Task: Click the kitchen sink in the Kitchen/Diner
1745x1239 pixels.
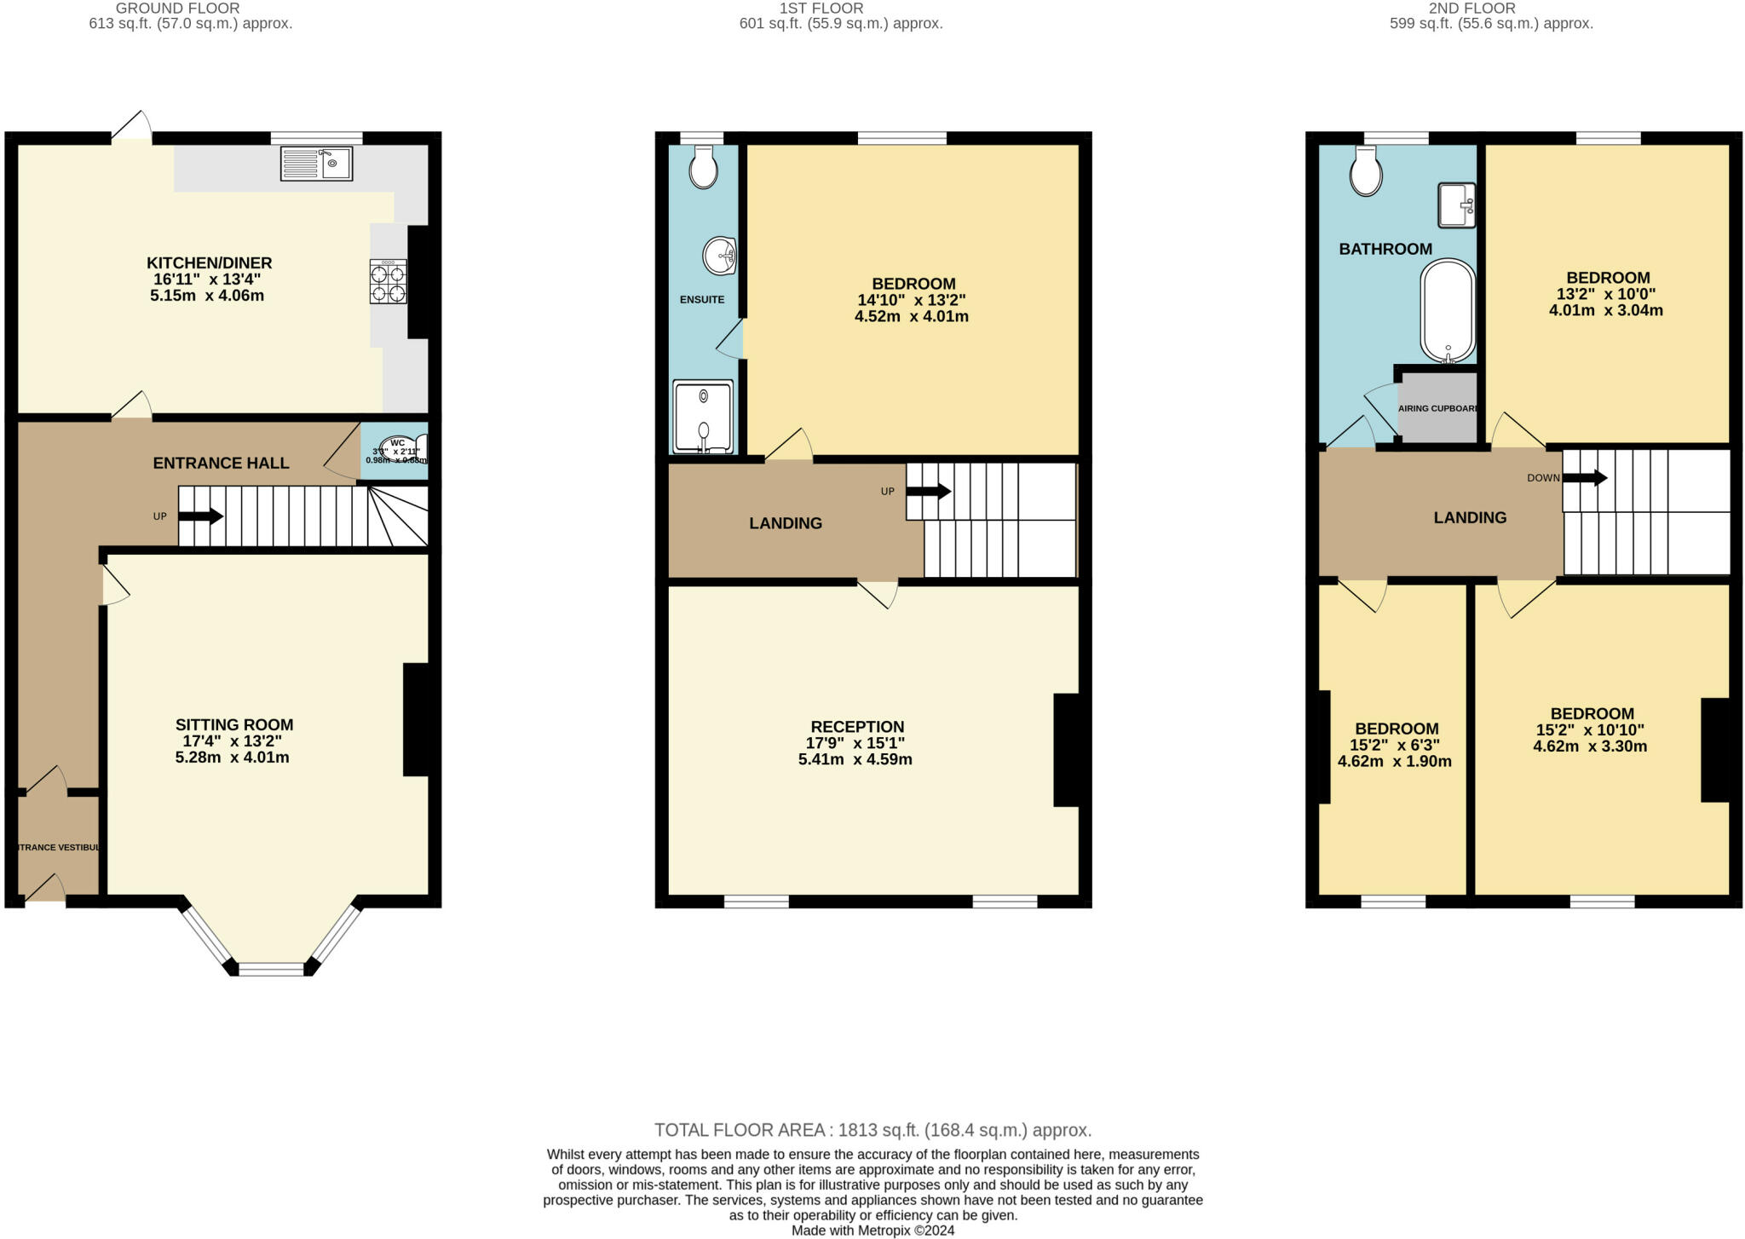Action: (316, 163)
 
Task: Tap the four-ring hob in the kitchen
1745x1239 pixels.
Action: (388, 282)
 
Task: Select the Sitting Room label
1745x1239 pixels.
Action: (234, 725)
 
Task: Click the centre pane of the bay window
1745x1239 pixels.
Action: (271, 969)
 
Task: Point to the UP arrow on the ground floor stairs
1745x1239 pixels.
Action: (200, 516)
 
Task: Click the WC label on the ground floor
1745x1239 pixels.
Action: (397, 443)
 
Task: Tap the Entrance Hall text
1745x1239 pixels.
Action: (221, 463)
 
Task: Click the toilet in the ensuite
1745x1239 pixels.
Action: (704, 167)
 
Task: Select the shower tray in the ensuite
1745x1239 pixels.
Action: (703, 417)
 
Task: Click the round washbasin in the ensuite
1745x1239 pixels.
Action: (720, 256)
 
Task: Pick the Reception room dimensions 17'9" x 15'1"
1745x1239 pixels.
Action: (856, 743)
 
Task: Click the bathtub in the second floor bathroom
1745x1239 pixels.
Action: (1447, 312)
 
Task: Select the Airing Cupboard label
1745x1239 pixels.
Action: (1437, 408)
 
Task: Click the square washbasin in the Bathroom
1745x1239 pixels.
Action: (1456, 205)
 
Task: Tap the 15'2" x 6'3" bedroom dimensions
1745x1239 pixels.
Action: (1395, 746)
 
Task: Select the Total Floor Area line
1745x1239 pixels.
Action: (872, 1130)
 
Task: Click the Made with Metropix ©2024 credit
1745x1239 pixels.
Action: (872, 1230)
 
